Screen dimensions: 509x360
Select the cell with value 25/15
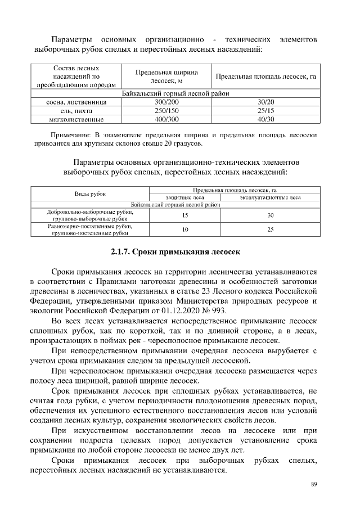265,111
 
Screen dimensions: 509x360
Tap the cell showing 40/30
265,119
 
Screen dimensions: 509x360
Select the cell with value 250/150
166,111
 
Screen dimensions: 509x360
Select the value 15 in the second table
185,215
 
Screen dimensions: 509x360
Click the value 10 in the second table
185,229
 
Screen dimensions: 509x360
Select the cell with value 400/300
166,119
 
